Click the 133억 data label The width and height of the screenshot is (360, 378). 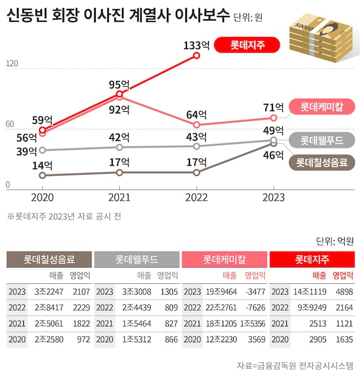[x=197, y=44]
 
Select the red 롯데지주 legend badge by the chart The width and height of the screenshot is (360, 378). [x=247, y=45]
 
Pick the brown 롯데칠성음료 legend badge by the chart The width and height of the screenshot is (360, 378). [x=321, y=162]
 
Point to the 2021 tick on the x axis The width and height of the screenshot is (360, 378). [x=119, y=198]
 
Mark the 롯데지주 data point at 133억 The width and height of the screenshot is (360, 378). [x=197, y=56]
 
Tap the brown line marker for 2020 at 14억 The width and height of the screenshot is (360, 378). [x=42, y=175]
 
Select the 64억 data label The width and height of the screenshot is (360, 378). [x=197, y=114]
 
